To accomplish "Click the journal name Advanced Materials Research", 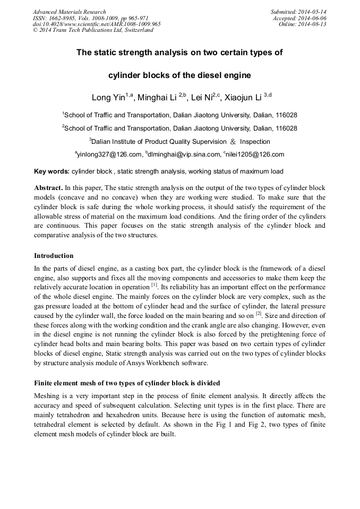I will coord(69,12).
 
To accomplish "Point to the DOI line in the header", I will coord(97,24).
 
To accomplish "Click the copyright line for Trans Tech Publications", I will coord(93,30).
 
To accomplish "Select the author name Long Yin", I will coord(108,97).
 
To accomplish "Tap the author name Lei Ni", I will coord(201,97).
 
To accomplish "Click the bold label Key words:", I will coord(52,171).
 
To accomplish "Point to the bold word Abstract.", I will coord(48,188).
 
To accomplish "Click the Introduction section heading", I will coord(54,255).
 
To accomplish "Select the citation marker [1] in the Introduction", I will coord(154,284).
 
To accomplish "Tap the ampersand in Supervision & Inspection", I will coord(232,142).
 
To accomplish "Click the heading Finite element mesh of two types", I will coord(127,383).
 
